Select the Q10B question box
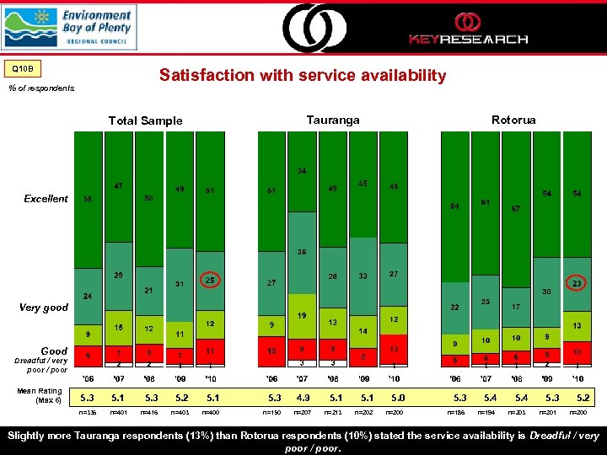click(x=23, y=68)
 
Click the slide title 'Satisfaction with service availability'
click(x=303, y=76)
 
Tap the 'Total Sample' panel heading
click(x=145, y=120)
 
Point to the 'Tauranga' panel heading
click(x=333, y=120)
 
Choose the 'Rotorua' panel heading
click(x=513, y=120)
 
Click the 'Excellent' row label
click(x=46, y=199)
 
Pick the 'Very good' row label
click(x=44, y=308)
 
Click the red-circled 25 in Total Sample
click(x=209, y=280)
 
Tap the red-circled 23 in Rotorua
click(x=577, y=284)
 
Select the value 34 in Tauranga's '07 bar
click(x=302, y=171)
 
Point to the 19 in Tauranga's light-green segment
click(x=302, y=314)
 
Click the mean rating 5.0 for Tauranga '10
click(x=395, y=398)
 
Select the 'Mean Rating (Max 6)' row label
click(x=39, y=394)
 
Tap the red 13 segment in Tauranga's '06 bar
click(x=271, y=351)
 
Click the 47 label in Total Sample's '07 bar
click(x=119, y=185)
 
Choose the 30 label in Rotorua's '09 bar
click(x=546, y=292)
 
